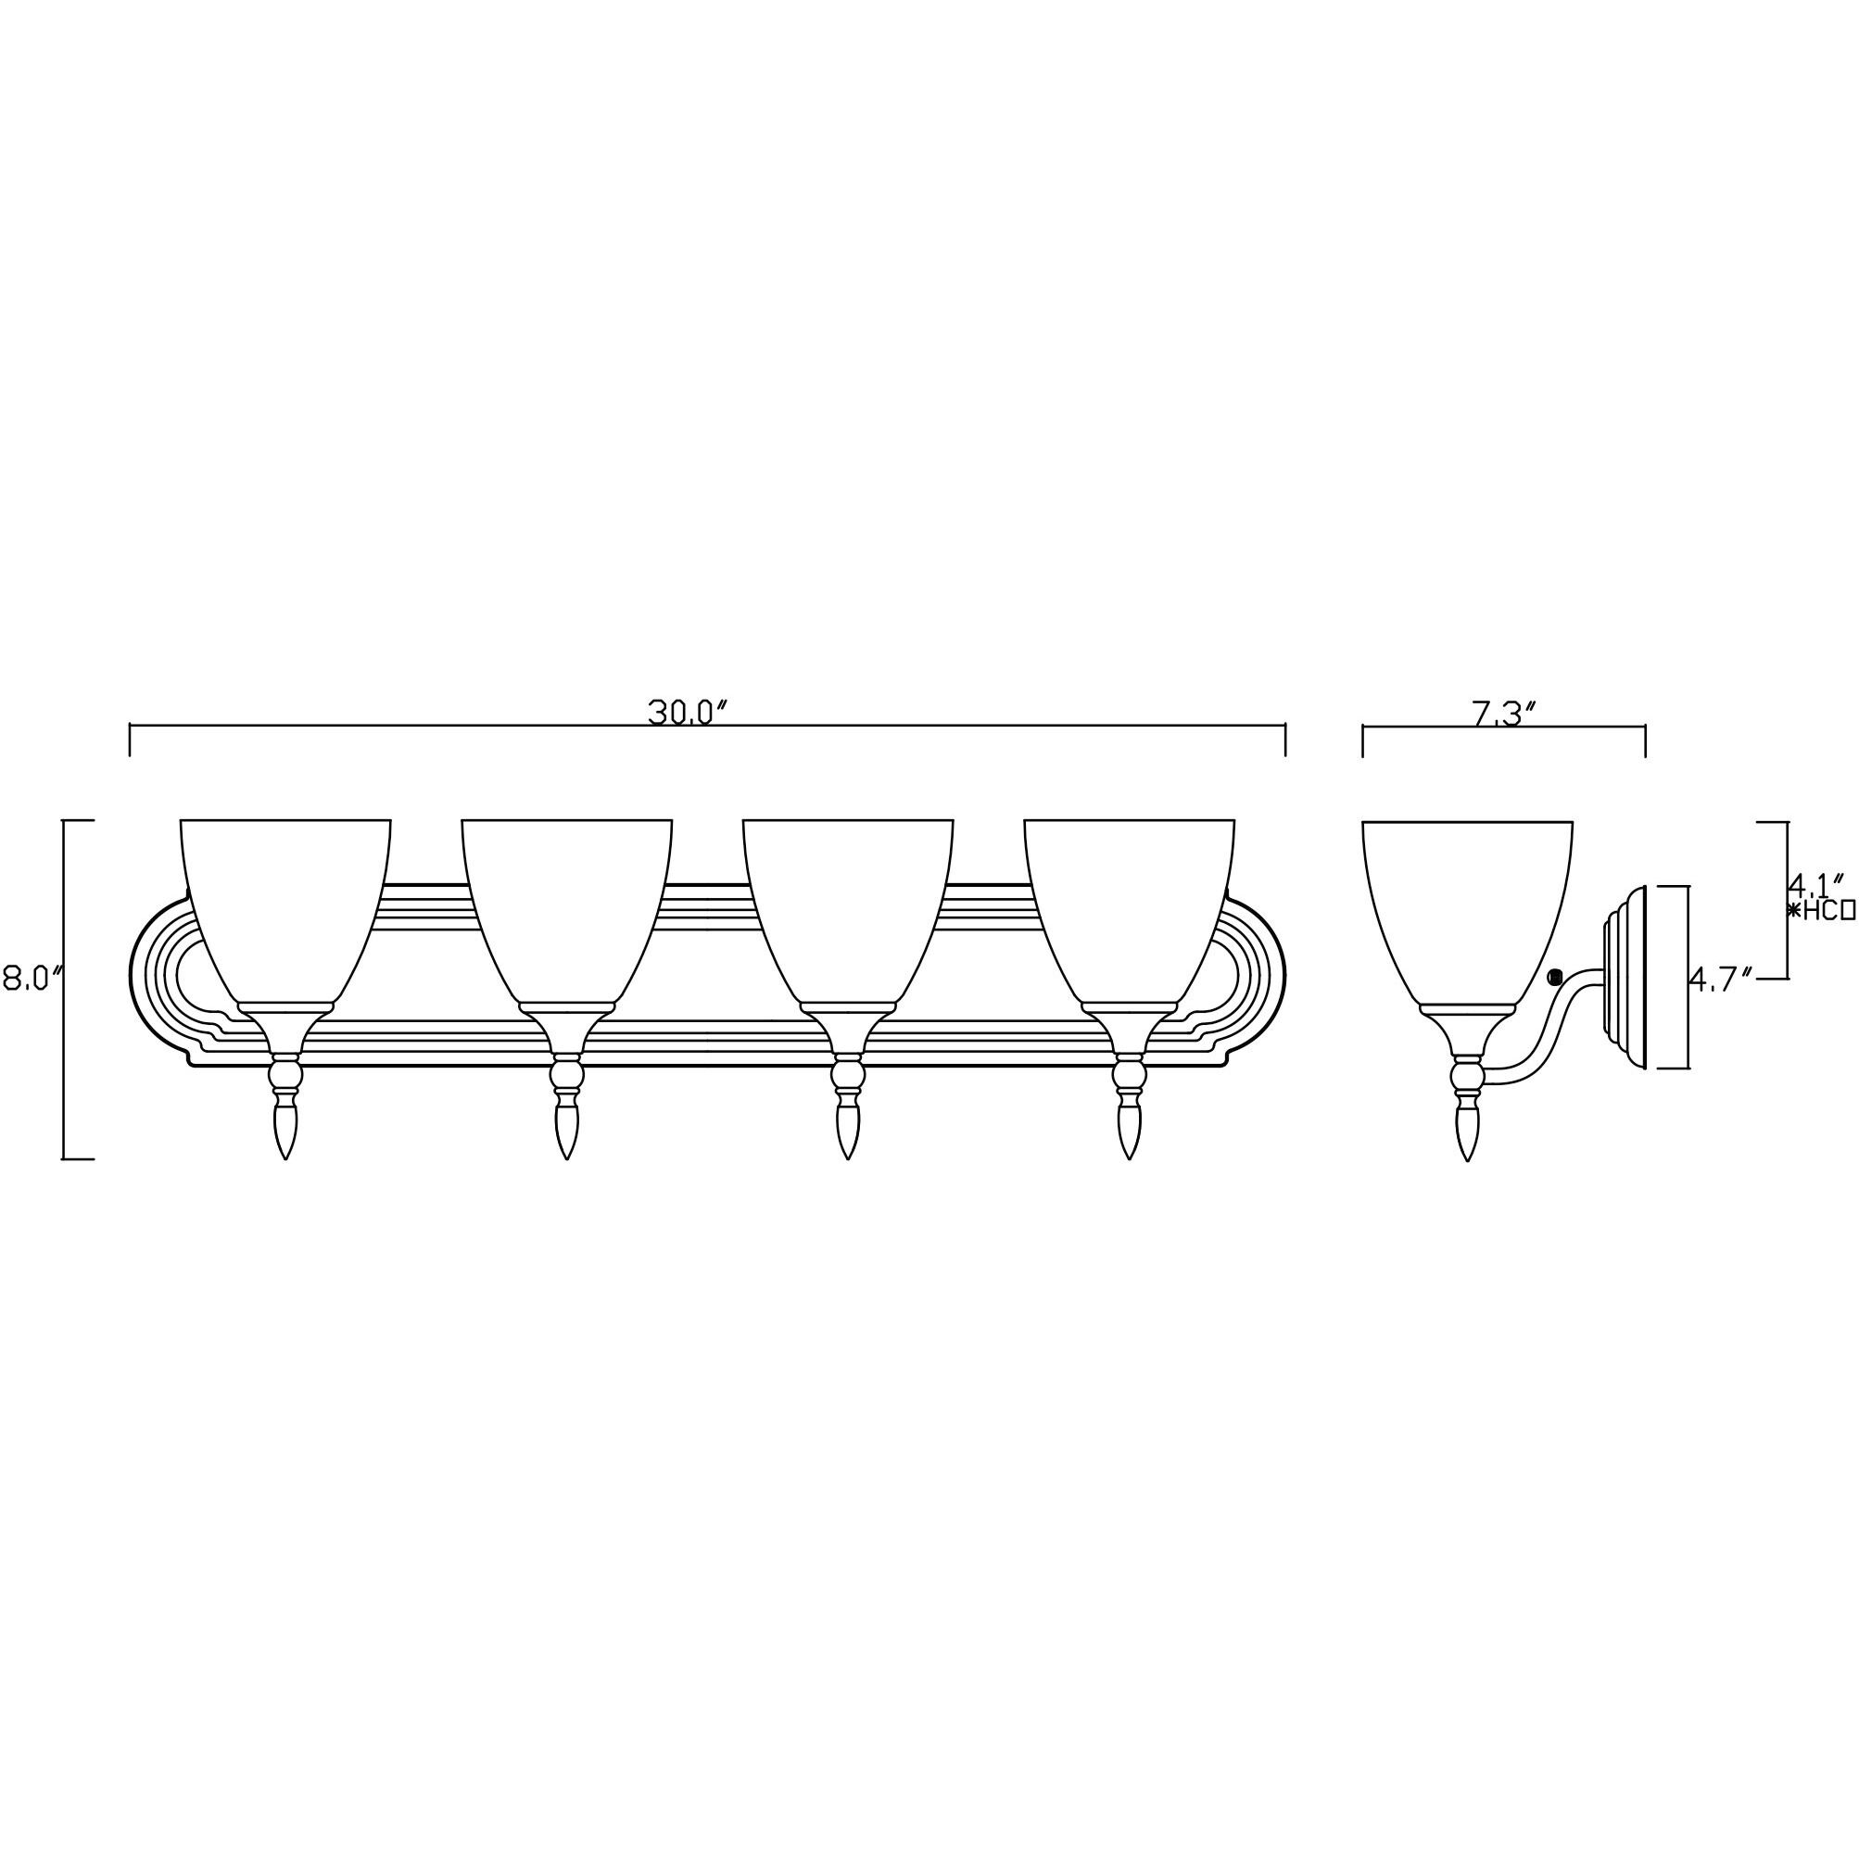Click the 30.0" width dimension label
point(686,713)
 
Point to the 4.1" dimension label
point(1815,882)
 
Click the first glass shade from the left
point(285,904)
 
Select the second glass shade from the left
point(567,904)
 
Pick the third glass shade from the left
point(848,904)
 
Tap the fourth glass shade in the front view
point(1129,904)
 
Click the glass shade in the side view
point(1467,904)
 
